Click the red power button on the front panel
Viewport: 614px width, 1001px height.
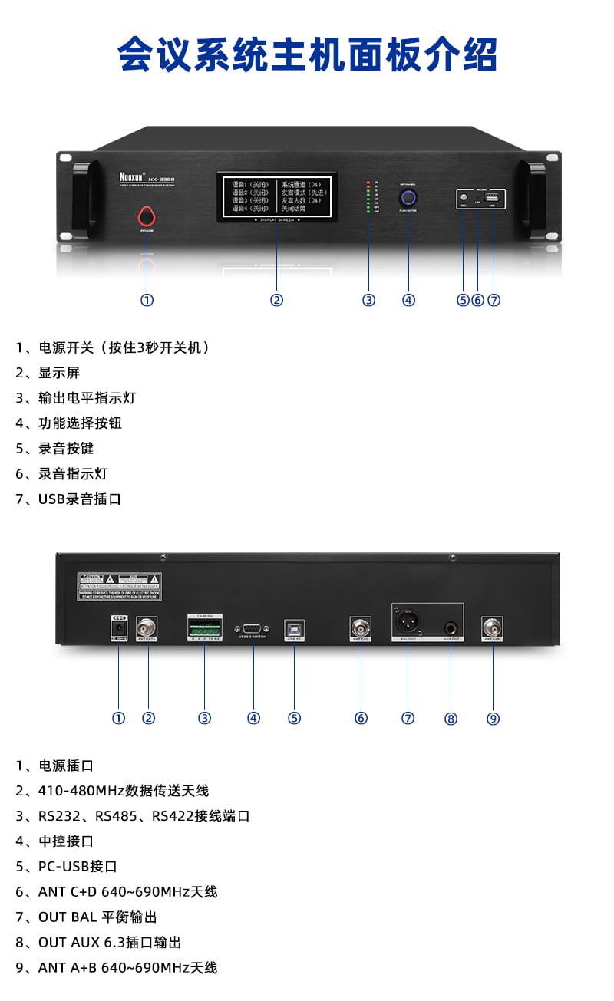point(147,214)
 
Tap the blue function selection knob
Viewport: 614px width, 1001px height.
point(408,199)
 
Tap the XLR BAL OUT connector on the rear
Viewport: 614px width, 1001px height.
point(406,619)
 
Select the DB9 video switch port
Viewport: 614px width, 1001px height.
point(253,627)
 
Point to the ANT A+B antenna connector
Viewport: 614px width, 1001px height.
point(492,627)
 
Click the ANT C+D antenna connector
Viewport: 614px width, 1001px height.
point(361,627)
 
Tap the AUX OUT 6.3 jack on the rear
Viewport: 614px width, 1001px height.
point(451,627)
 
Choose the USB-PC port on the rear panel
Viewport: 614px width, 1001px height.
point(294,627)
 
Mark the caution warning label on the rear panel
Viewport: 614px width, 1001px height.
point(119,587)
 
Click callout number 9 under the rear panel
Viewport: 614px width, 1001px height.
point(493,719)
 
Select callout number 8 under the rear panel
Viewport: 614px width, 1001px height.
point(451,719)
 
